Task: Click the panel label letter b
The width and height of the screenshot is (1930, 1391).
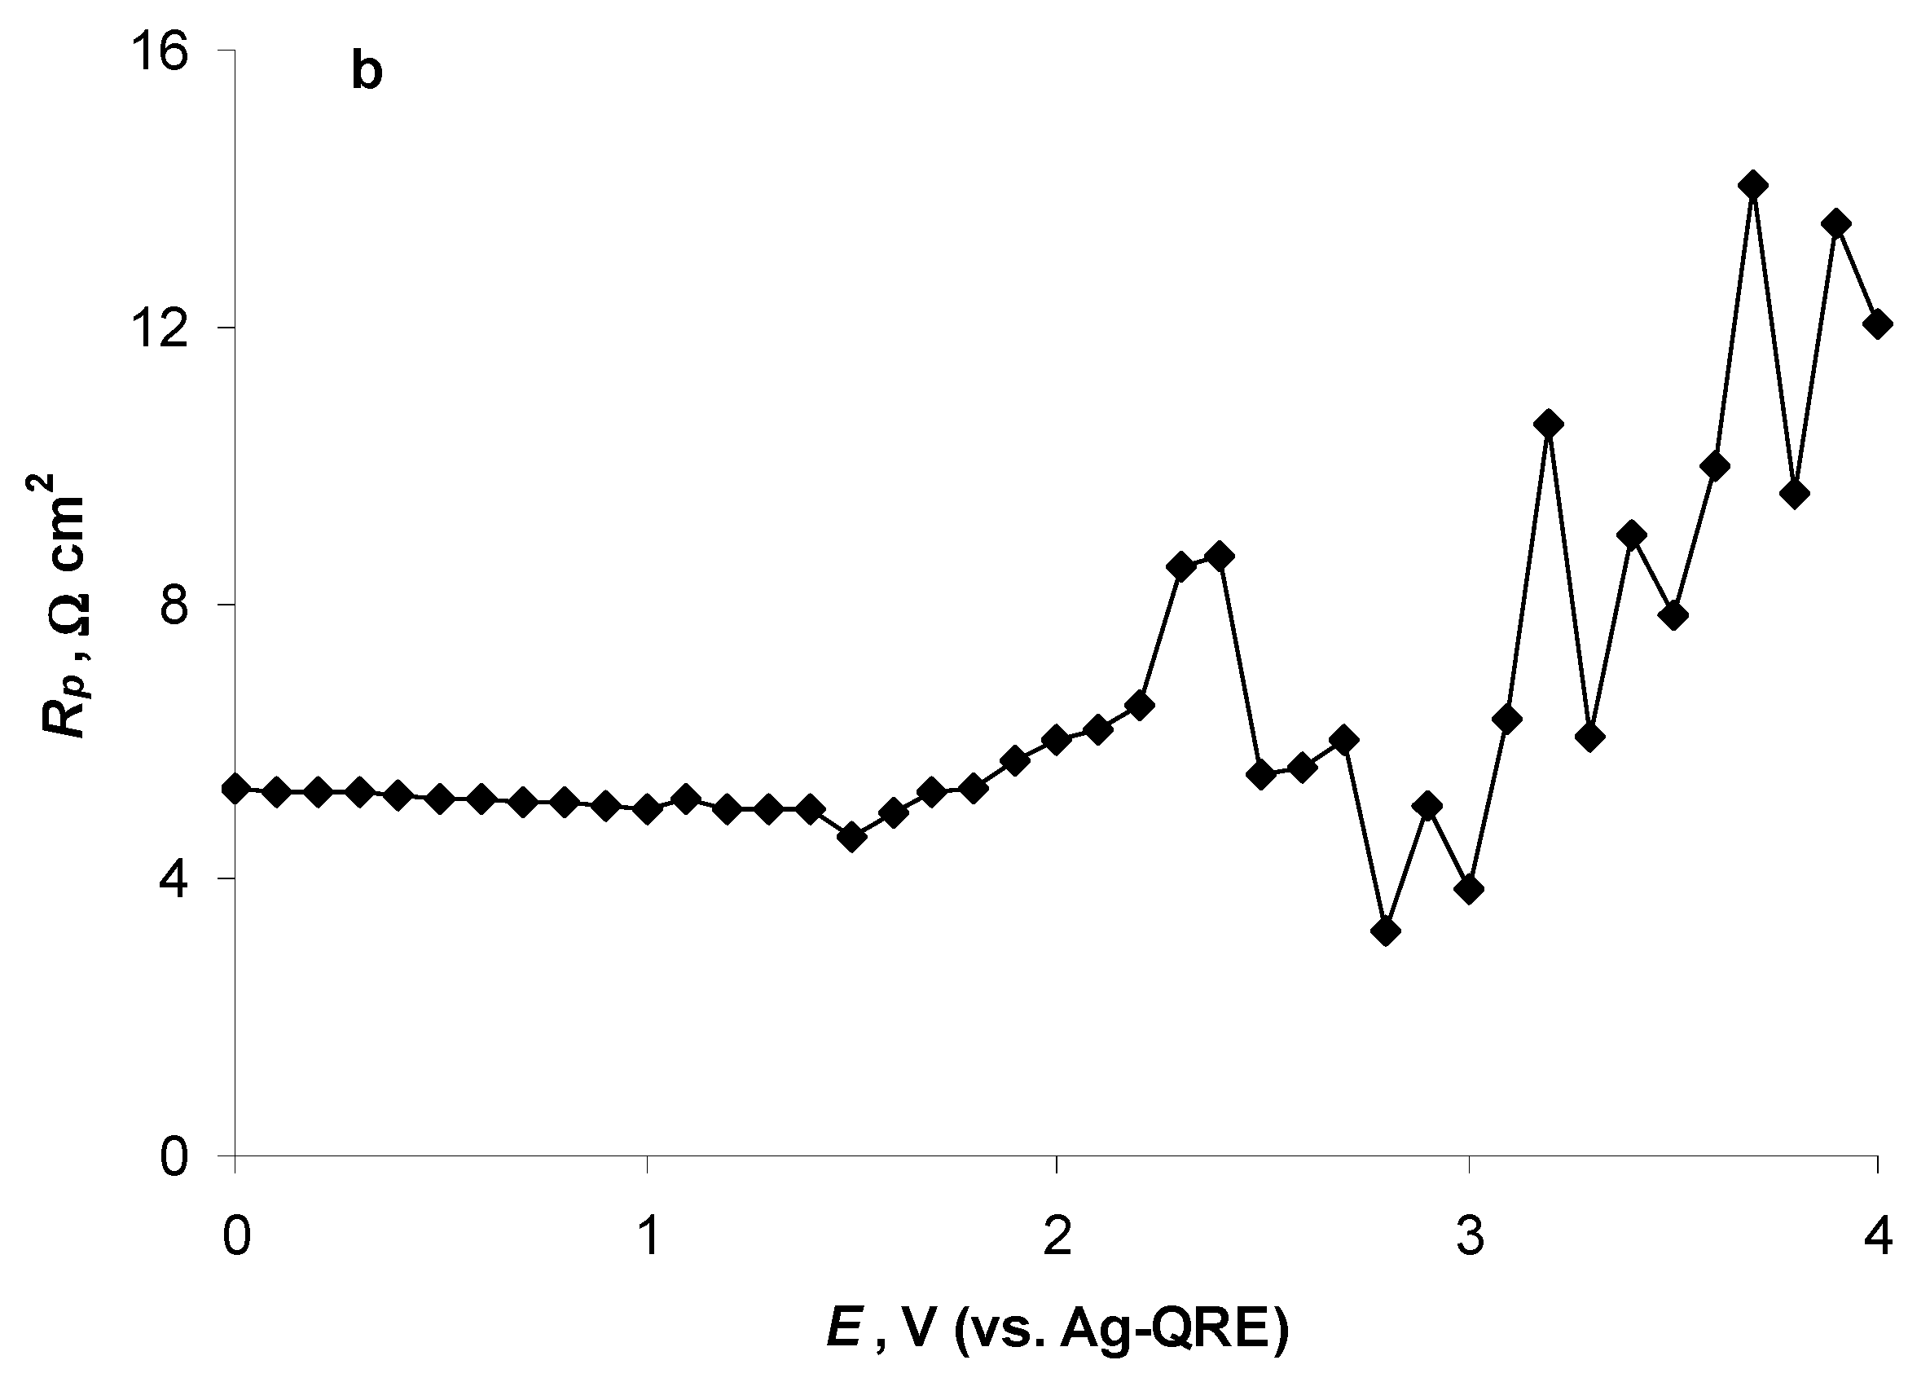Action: coord(367,74)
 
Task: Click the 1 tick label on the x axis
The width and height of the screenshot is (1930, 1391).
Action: coord(649,1237)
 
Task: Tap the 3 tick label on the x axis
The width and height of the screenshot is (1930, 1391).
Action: coord(1470,1237)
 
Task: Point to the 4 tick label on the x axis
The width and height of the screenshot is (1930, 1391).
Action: coord(1879,1237)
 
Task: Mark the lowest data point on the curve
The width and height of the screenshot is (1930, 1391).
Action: coord(1387,931)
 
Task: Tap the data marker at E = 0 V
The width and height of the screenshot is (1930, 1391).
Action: coord(235,789)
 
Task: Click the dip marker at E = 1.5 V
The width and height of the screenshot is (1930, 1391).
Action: coord(852,838)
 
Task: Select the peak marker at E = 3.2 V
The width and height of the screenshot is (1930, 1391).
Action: coord(1550,424)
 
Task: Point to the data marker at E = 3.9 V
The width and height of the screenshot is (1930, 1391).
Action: coord(1836,223)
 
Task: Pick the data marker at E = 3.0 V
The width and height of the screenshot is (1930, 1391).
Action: coord(1469,890)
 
